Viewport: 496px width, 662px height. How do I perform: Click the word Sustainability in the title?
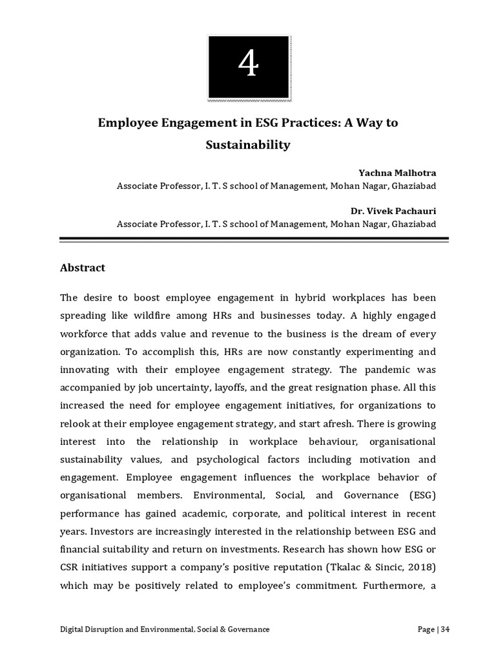[x=247, y=145]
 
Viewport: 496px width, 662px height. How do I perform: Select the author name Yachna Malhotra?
[x=397, y=173]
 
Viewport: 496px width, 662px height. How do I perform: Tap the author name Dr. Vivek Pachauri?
[x=393, y=211]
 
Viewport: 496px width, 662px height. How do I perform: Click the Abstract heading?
[x=82, y=268]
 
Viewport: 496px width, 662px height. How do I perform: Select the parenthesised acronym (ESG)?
[x=422, y=495]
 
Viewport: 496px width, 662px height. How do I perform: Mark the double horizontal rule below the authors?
[x=254, y=239]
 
